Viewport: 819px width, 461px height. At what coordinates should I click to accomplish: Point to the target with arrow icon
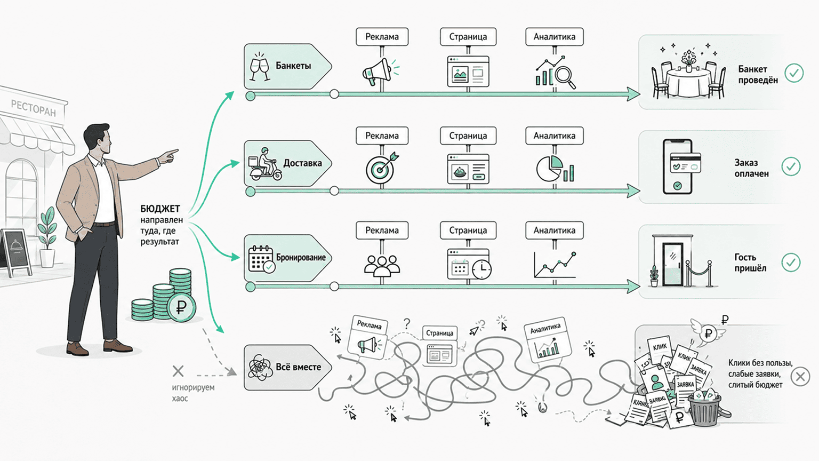(x=382, y=168)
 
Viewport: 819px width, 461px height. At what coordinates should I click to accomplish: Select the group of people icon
(x=382, y=265)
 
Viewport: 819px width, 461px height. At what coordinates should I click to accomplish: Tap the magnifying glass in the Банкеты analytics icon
(x=565, y=76)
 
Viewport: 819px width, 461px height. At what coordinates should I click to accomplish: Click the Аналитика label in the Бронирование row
(x=555, y=230)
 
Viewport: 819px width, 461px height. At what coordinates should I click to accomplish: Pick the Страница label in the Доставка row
(x=468, y=136)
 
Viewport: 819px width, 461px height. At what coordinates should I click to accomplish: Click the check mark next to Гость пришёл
(x=791, y=263)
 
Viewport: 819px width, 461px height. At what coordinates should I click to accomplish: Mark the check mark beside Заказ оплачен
(x=791, y=166)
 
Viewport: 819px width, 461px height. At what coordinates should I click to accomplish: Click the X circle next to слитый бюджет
(x=800, y=376)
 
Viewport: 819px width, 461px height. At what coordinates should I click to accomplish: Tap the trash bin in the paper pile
(x=704, y=409)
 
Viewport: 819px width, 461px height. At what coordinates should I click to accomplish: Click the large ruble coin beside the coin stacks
(x=181, y=307)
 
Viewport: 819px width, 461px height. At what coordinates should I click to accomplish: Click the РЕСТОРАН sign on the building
(x=33, y=108)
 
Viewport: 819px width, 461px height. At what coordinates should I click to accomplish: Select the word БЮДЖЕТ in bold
(x=160, y=209)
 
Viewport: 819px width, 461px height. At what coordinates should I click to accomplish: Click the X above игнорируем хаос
(x=178, y=371)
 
